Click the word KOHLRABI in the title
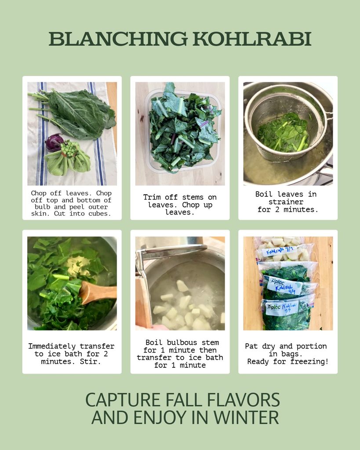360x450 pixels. (252, 39)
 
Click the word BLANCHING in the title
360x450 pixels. (118, 39)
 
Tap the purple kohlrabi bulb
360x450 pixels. (54, 143)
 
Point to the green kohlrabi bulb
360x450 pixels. (68, 158)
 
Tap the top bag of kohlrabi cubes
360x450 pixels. (284, 249)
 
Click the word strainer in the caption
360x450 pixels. (286, 202)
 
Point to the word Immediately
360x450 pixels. (52, 346)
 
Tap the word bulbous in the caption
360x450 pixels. (182, 342)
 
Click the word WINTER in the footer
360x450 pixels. (246, 417)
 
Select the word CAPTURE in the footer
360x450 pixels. (123, 400)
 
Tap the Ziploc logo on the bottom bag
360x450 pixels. (273, 307)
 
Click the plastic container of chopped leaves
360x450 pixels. (183, 131)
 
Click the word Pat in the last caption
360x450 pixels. (251, 346)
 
